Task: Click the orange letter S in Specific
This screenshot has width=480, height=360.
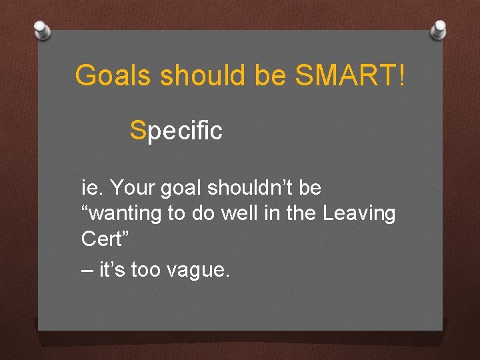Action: click(138, 131)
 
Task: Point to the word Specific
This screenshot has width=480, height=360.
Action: click(177, 131)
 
